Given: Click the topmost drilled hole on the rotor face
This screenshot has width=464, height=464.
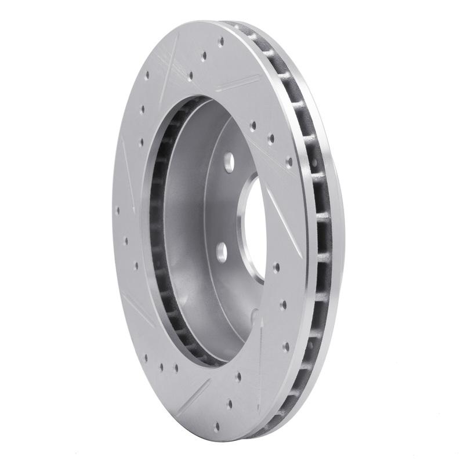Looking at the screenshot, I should pos(221,41).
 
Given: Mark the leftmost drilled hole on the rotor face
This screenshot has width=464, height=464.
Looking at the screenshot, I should pos(118,210).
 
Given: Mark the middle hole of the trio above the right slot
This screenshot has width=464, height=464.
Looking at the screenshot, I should pos(271,139).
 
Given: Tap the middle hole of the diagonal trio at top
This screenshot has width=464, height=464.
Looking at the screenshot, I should pos(204,56).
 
